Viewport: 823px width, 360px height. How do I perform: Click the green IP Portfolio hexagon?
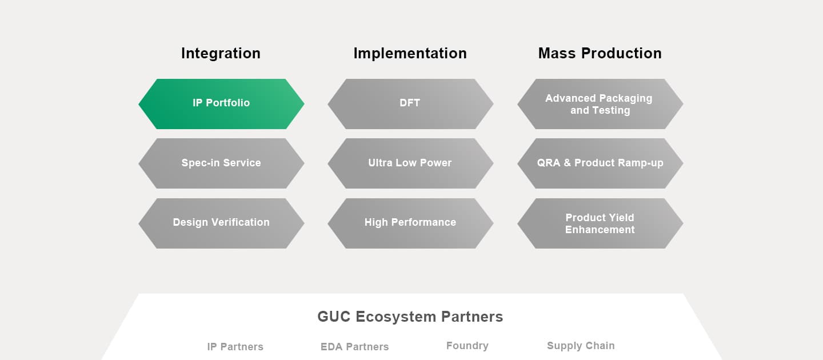(221, 103)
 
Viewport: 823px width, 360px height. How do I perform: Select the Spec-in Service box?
(221, 163)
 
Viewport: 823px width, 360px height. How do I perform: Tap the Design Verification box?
(221, 222)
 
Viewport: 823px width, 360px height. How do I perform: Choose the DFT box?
(410, 103)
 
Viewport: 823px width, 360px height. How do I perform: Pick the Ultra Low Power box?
(410, 163)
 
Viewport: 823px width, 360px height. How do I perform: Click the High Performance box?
(410, 222)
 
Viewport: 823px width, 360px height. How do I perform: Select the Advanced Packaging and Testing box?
(600, 104)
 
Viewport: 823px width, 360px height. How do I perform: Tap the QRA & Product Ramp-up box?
(600, 163)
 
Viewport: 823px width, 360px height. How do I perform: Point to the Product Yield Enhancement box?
(600, 223)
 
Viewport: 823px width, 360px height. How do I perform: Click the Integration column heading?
(221, 53)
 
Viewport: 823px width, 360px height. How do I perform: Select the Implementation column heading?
(410, 53)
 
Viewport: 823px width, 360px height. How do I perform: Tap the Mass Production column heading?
(600, 53)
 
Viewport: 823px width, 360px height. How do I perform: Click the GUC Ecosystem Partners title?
(410, 317)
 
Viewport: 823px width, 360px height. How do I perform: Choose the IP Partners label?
(235, 347)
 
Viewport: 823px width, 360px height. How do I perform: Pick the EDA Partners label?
(354, 347)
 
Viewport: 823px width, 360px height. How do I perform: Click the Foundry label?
(467, 346)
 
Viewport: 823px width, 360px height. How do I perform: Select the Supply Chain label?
(581, 346)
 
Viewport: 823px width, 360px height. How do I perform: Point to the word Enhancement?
(600, 230)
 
